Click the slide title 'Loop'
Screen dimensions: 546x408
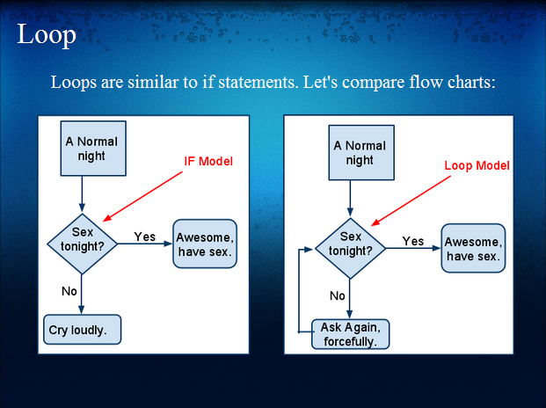pyautogui.click(x=47, y=35)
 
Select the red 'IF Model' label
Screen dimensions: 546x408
pyautogui.click(x=208, y=161)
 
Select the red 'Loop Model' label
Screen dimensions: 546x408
pyautogui.click(x=477, y=165)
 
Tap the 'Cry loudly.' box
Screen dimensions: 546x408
pyautogui.click(x=82, y=330)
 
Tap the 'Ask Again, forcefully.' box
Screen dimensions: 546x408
pyautogui.click(x=350, y=334)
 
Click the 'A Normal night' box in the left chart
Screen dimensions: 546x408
pyautogui.click(x=93, y=149)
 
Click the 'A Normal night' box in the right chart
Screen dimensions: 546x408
pyautogui.click(x=361, y=152)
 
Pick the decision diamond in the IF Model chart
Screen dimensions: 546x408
pyautogui.click(x=82, y=244)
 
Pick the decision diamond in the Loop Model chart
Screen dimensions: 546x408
pyautogui.click(x=350, y=248)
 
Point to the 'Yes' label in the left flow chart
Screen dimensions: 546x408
pyautogui.click(x=144, y=237)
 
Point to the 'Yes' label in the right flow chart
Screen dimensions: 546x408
pyautogui.click(x=413, y=241)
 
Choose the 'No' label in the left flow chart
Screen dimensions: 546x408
pyautogui.click(x=69, y=291)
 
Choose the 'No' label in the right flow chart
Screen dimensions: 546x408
pyautogui.click(x=337, y=295)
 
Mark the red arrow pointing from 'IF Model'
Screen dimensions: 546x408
pyautogui.click(x=142, y=196)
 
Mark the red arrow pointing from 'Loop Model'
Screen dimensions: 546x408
pyautogui.click(x=411, y=200)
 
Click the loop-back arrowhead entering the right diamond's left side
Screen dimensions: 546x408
pyautogui.click(x=309, y=249)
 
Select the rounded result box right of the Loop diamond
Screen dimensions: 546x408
pyautogui.click(x=473, y=248)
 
